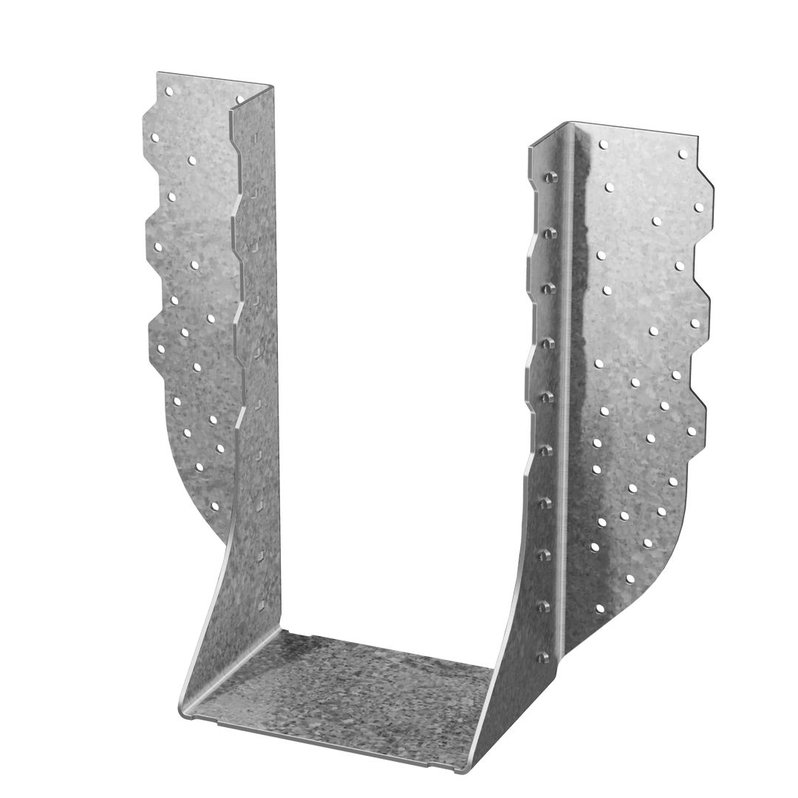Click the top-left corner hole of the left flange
coord(169,92)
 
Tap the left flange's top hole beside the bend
coord(239,98)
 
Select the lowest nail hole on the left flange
coord(215,507)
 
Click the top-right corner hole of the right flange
coord(682,154)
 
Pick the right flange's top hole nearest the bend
coord(603,144)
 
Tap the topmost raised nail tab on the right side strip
coord(548,177)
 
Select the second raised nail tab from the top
coord(548,233)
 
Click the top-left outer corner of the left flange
coord(157,72)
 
